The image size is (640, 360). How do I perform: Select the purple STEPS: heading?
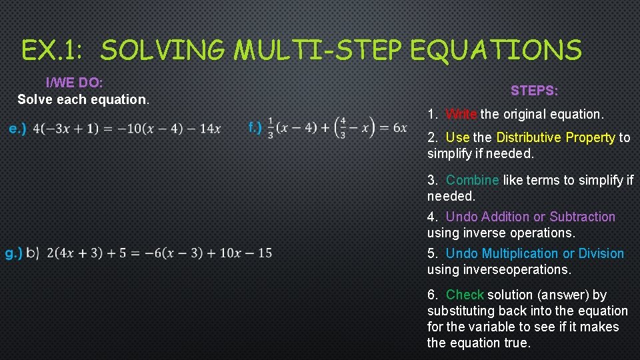click(x=535, y=90)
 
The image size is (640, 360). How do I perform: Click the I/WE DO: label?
click(x=74, y=83)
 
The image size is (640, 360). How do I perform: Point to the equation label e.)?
click(x=17, y=129)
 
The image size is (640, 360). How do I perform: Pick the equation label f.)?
click(x=255, y=127)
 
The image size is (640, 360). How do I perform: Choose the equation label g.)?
click(x=13, y=253)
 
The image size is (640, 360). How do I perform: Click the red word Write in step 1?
click(x=461, y=114)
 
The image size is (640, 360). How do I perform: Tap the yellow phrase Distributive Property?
click(x=555, y=137)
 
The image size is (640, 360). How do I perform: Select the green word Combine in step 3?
click(x=472, y=180)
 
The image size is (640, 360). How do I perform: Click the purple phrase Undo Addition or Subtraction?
click(x=530, y=217)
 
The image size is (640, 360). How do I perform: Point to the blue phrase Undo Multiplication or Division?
click(x=535, y=253)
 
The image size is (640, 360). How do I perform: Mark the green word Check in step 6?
click(x=465, y=295)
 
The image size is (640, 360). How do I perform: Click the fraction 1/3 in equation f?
click(x=271, y=127)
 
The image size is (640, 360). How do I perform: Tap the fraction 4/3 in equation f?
click(x=343, y=127)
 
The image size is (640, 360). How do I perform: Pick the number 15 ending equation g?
click(x=264, y=253)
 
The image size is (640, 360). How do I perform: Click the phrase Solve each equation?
click(x=83, y=99)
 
